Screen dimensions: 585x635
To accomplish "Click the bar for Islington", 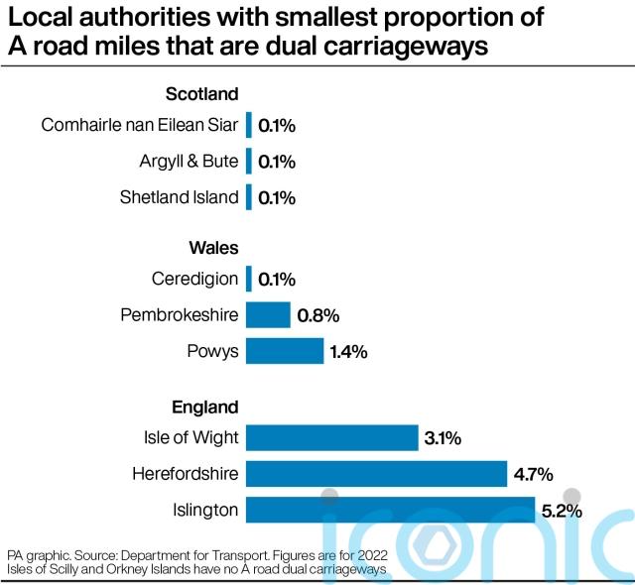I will pyautogui.click(x=390, y=511).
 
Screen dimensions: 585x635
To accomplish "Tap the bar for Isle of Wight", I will pyautogui.click(x=331, y=437).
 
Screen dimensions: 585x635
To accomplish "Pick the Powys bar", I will pyautogui.click(x=285, y=351).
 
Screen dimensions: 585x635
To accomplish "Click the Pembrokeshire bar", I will pyautogui.click(x=268, y=315).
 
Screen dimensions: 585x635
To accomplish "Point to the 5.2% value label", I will pyautogui.click(x=561, y=511).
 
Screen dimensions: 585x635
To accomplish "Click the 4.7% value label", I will pyautogui.click(x=533, y=474).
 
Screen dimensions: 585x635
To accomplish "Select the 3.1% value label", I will pyautogui.click(x=444, y=437).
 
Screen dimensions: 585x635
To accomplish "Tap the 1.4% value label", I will pyautogui.click(x=349, y=351).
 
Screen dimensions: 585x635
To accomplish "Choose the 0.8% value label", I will pyautogui.click(x=317, y=315).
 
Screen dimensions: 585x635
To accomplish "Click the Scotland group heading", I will pyautogui.click(x=201, y=94).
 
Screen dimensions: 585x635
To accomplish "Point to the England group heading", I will pyautogui.click(x=204, y=407).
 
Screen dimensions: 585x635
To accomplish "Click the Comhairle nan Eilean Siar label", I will pyautogui.click(x=140, y=125).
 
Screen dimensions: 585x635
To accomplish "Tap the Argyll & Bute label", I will pyautogui.click(x=190, y=161).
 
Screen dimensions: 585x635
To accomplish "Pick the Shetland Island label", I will pyautogui.click(x=179, y=196).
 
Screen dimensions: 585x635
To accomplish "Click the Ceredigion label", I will pyautogui.click(x=195, y=279).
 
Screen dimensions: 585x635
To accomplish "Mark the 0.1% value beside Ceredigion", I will pyautogui.click(x=277, y=280).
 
